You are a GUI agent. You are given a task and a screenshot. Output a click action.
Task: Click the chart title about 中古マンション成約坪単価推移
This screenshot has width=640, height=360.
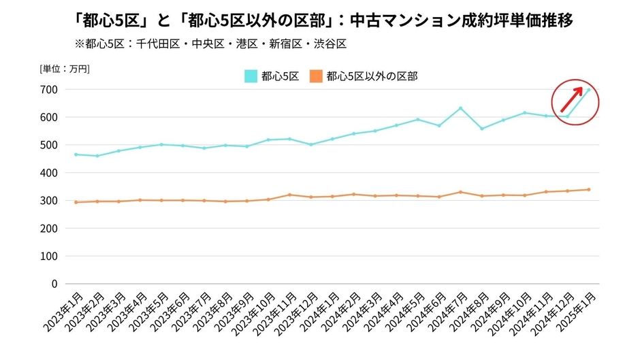[320, 20]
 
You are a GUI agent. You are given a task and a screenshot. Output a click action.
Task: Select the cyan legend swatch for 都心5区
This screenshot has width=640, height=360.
[251, 76]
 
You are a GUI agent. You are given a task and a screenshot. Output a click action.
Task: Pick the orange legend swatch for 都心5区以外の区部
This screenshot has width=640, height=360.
[316, 76]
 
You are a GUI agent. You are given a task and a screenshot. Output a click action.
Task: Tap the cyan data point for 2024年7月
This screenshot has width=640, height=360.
[460, 108]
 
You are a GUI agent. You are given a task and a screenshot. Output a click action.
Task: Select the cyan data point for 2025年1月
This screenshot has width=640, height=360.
[588, 90]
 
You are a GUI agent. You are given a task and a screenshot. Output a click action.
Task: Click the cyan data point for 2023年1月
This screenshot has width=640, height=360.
[76, 154]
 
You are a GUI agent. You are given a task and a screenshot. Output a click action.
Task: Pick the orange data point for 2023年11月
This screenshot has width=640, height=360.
[289, 195]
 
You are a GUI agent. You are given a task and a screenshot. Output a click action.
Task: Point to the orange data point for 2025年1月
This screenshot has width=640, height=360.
[588, 189]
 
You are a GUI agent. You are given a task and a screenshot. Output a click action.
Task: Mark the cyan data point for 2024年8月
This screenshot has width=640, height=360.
[481, 129]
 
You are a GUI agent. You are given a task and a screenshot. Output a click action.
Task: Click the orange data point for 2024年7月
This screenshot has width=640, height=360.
[460, 192]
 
